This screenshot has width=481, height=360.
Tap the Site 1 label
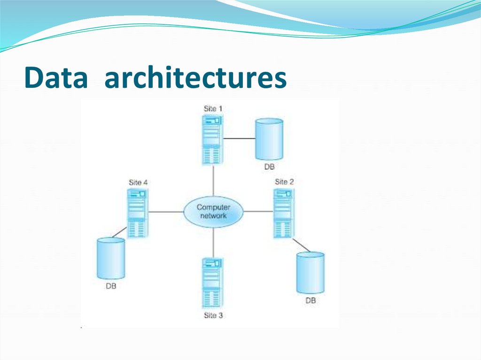(x=213, y=108)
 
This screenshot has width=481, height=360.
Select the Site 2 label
(x=284, y=182)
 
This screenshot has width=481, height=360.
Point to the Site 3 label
(x=213, y=315)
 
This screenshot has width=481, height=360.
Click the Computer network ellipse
(x=213, y=212)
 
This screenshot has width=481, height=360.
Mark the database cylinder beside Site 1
(x=269, y=139)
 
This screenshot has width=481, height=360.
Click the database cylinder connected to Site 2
(x=310, y=273)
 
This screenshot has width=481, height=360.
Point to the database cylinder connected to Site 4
(x=111, y=259)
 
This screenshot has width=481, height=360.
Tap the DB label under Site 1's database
(x=269, y=167)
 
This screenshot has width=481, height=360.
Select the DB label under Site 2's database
(x=310, y=300)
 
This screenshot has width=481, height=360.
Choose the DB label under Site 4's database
(x=111, y=286)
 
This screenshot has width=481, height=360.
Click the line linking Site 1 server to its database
(x=239, y=139)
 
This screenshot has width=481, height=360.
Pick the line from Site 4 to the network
(x=165, y=212)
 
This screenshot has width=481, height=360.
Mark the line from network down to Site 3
(x=213, y=242)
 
